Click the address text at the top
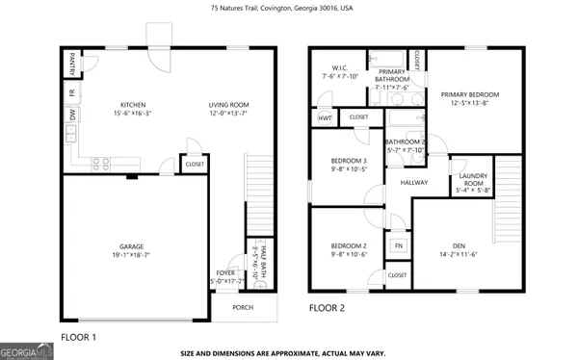pyautogui.click(x=289, y=9)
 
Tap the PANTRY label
pyautogui.click(x=72, y=65)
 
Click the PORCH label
pyautogui.click(x=243, y=309)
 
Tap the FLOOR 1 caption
pyautogui.click(x=79, y=337)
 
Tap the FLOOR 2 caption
pyautogui.click(x=328, y=309)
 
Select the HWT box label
pyautogui.click(x=325, y=117)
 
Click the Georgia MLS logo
pyautogui.click(x=27, y=352)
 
